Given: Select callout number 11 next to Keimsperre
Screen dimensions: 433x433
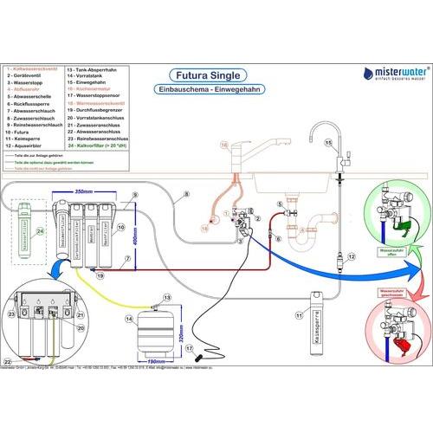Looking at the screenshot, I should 299,316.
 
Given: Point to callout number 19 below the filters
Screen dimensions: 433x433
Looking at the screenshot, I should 100,275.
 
